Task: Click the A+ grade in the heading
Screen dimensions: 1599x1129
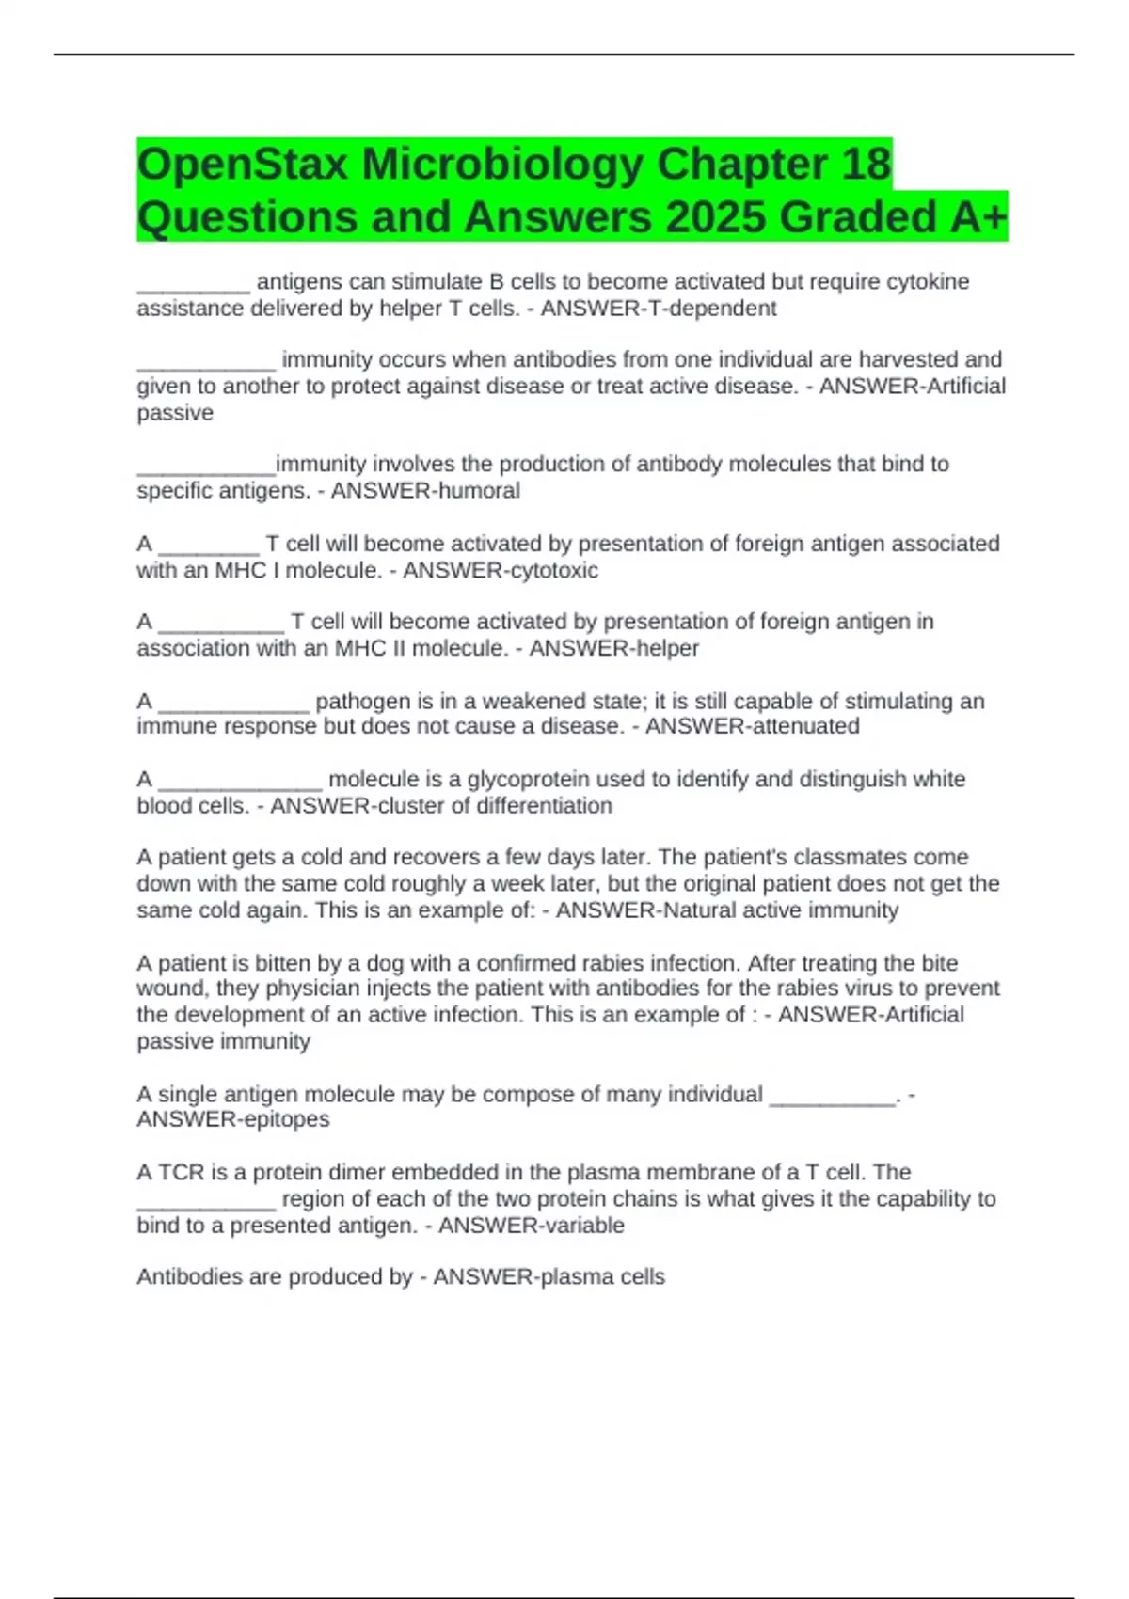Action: pos(978,217)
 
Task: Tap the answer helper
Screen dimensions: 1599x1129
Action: pos(667,648)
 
